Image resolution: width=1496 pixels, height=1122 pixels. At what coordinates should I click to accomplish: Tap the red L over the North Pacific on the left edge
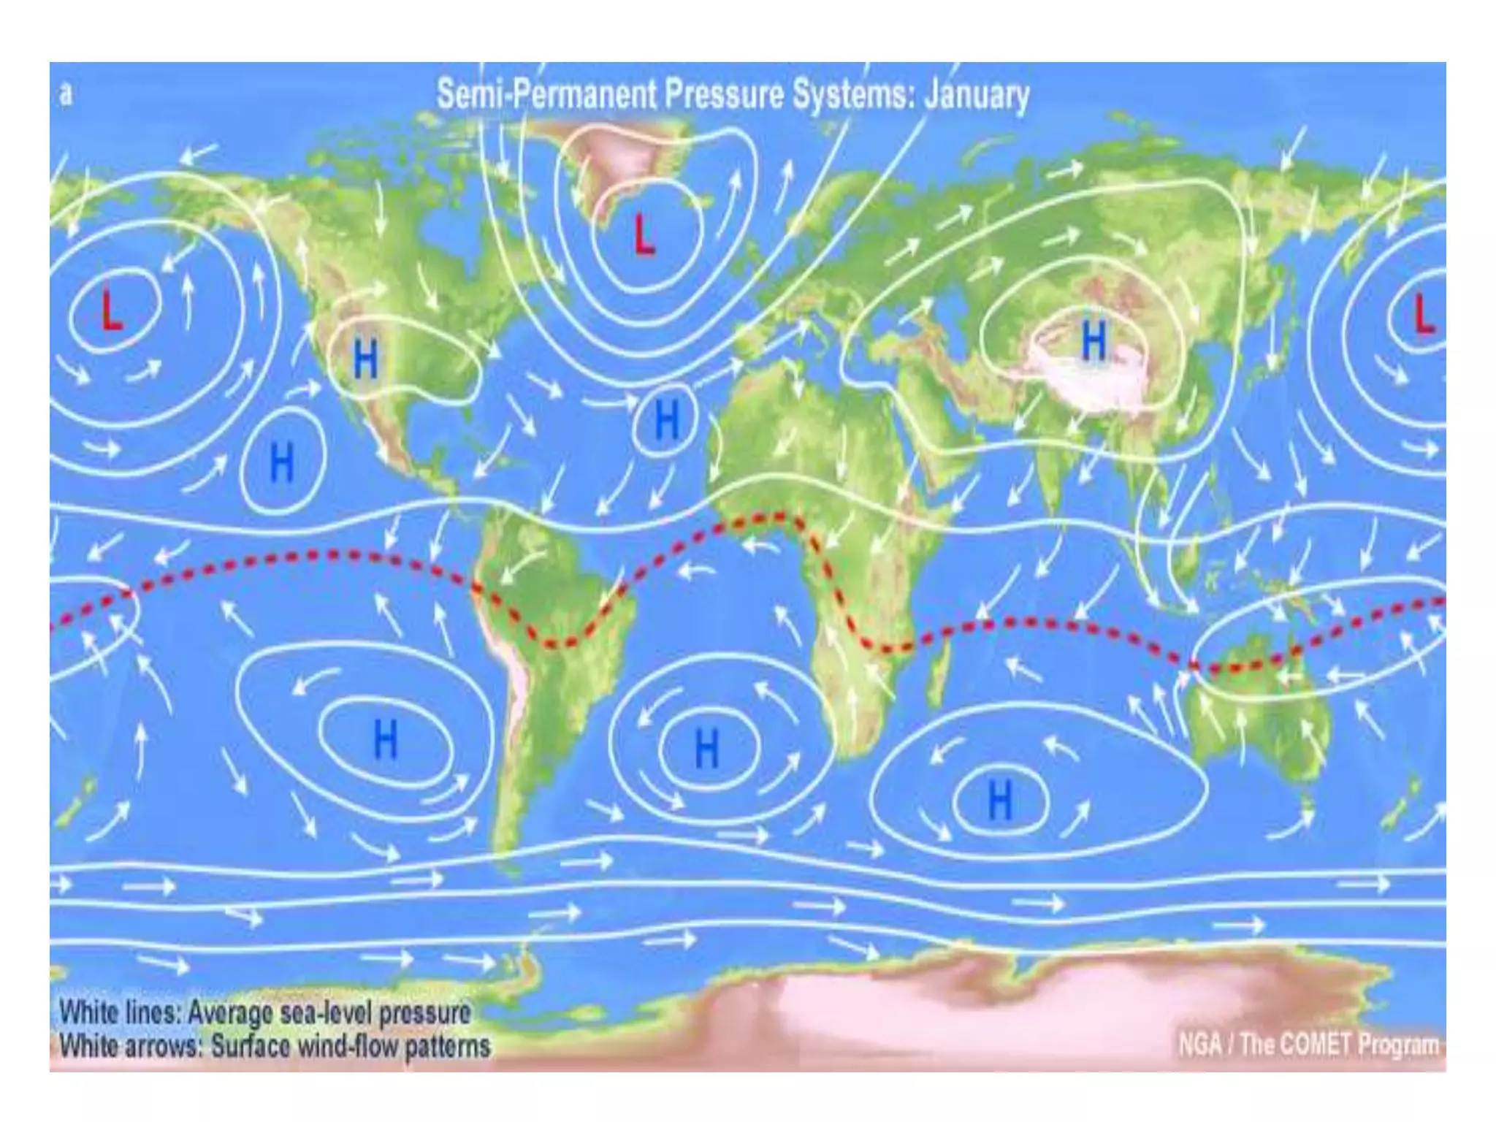(x=110, y=310)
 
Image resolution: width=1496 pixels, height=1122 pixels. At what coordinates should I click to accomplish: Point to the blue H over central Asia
(x=1094, y=340)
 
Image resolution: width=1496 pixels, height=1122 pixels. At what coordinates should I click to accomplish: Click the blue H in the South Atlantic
(x=706, y=748)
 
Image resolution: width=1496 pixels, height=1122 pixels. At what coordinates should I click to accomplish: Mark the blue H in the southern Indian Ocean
(x=1000, y=799)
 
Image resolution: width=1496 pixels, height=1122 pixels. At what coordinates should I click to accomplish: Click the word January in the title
(x=977, y=95)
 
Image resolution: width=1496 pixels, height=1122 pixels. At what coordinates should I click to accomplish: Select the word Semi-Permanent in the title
(x=546, y=95)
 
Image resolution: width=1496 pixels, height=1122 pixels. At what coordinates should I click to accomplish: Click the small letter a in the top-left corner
(x=66, y=94)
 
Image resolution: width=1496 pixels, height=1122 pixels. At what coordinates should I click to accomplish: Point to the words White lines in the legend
(x=120, y=1012)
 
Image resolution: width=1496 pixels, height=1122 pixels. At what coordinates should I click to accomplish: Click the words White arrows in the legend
(x=130, y=1046)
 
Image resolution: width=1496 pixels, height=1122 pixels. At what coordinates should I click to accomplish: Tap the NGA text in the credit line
(x=1199, y=1045)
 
